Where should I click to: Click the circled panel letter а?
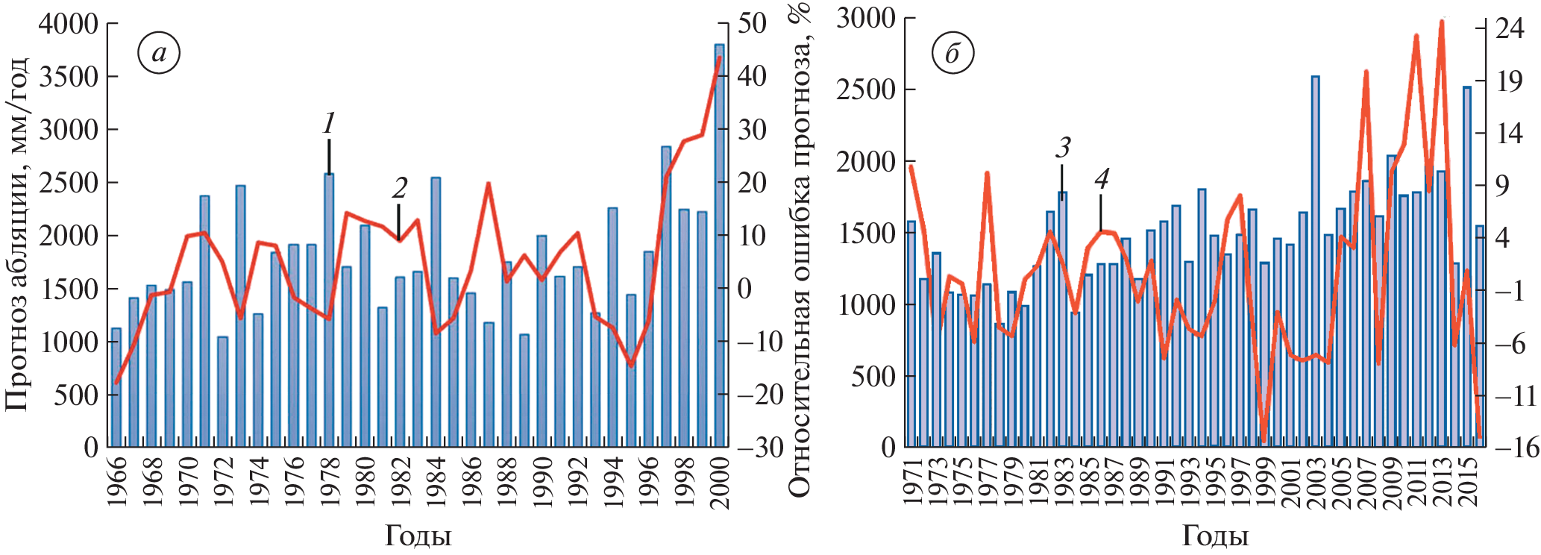click(x=159, y=53)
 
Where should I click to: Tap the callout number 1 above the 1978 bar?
click(x=329, y=124)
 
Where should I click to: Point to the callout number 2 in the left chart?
click(x=400, y=188)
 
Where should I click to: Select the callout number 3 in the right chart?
click(x=1063, y=148)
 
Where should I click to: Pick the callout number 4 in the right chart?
click(x=1102, y=178)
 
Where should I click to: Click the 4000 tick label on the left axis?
click(x=68, y=24)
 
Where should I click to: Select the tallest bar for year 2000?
click(x=720, y=246)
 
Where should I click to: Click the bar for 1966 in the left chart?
click(x=116, y=388)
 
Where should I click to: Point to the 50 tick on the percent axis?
click(x=752, y=23)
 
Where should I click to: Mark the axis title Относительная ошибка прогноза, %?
click(x=799, y=250)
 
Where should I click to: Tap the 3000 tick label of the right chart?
click(x=865, y=18)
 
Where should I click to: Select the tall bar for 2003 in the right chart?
click(x=1316, y=261)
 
